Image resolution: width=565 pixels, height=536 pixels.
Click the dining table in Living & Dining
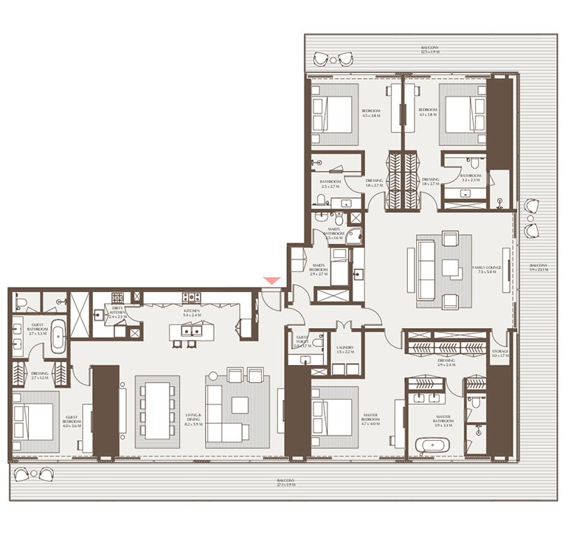(x=157, y=409)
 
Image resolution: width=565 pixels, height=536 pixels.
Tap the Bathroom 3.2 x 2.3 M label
(x=469, y=178)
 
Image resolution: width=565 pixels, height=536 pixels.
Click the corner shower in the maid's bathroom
(x=356, y=235)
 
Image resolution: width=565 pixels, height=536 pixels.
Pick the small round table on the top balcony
(x=334, y=59)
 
